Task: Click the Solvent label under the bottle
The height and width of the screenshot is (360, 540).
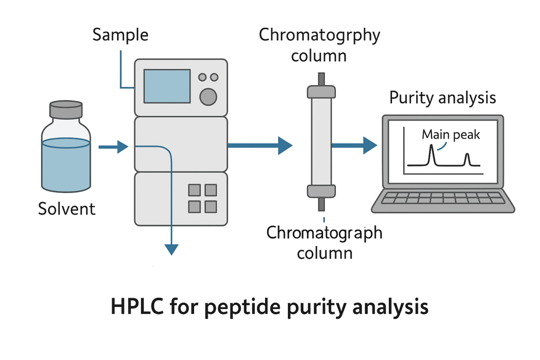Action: [x=67, y=209]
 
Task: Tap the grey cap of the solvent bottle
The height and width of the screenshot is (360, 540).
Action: [x=66, y=110]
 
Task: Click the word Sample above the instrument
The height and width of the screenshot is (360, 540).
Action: [x=120, y=35]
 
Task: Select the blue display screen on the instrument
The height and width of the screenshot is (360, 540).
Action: [x=167, y=86]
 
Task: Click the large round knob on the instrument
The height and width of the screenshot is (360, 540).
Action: [x=208, y=96]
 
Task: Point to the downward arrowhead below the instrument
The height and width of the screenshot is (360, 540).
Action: [x=171, y=249]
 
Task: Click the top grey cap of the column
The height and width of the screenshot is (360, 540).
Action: [x=321, y=92]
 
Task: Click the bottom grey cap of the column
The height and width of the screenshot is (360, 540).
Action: [x=321, y=191]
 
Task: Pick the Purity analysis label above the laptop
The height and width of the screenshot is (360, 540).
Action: [x=443, y=98]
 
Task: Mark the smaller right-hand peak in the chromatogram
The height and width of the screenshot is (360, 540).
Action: [x=467, y=159]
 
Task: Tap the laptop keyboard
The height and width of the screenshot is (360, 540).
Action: [x=443, y=198]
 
